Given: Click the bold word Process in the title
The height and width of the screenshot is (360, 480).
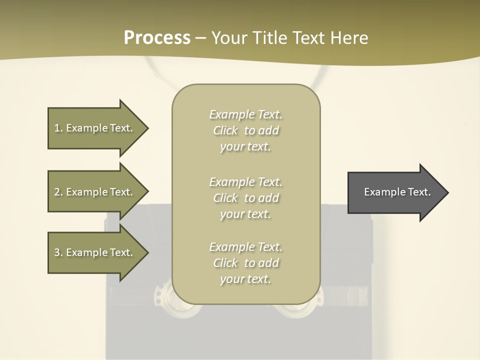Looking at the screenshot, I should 157,38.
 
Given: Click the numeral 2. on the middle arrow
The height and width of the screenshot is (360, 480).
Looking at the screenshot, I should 58,192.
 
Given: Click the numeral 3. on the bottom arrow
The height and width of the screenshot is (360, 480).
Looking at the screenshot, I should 58,252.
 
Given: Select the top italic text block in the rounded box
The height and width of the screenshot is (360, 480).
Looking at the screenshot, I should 245,130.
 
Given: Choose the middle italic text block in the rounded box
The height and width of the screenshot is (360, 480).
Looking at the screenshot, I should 245,198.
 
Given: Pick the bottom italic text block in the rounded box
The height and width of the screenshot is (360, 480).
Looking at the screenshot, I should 245,263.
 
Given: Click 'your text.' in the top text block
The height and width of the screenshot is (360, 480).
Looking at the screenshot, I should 245,147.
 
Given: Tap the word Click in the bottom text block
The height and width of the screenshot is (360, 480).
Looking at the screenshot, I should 225,263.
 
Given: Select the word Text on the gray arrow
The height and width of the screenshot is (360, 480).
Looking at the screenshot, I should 419,192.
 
